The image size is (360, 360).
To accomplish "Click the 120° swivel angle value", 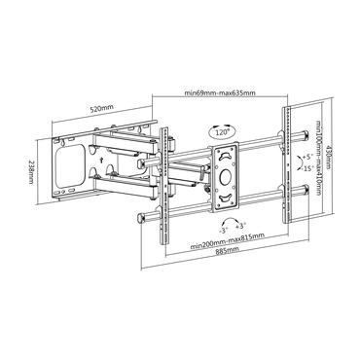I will pos(223,128).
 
